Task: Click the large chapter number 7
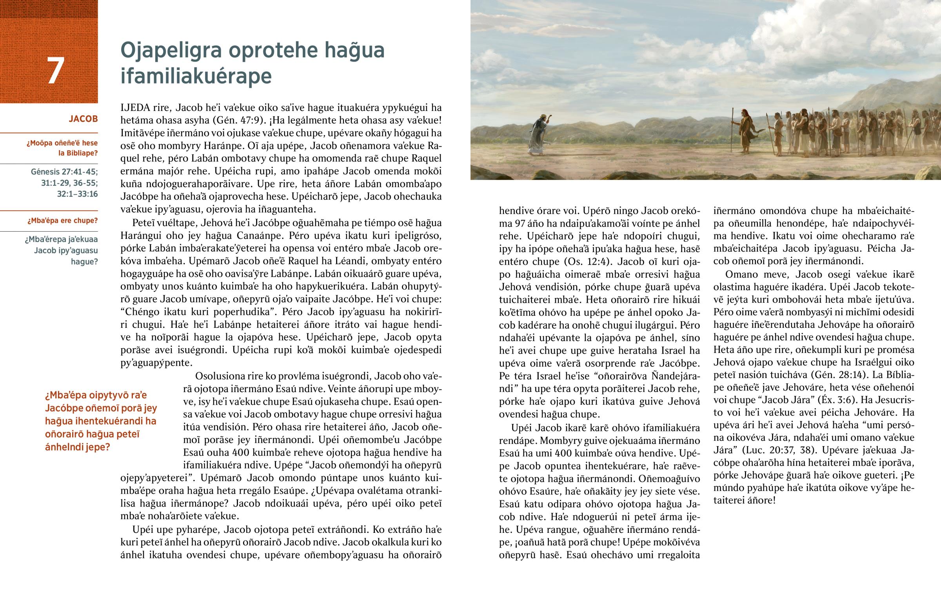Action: tap(55, 71)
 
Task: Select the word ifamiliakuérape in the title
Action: tap(196, 76)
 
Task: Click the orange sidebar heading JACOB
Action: tap(83, 119)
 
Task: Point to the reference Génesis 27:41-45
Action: tap(64, 172)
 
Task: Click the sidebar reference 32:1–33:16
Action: tap(77, 194)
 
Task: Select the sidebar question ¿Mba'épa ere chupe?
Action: tap(62, 221)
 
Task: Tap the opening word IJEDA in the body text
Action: tap(133, 108)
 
